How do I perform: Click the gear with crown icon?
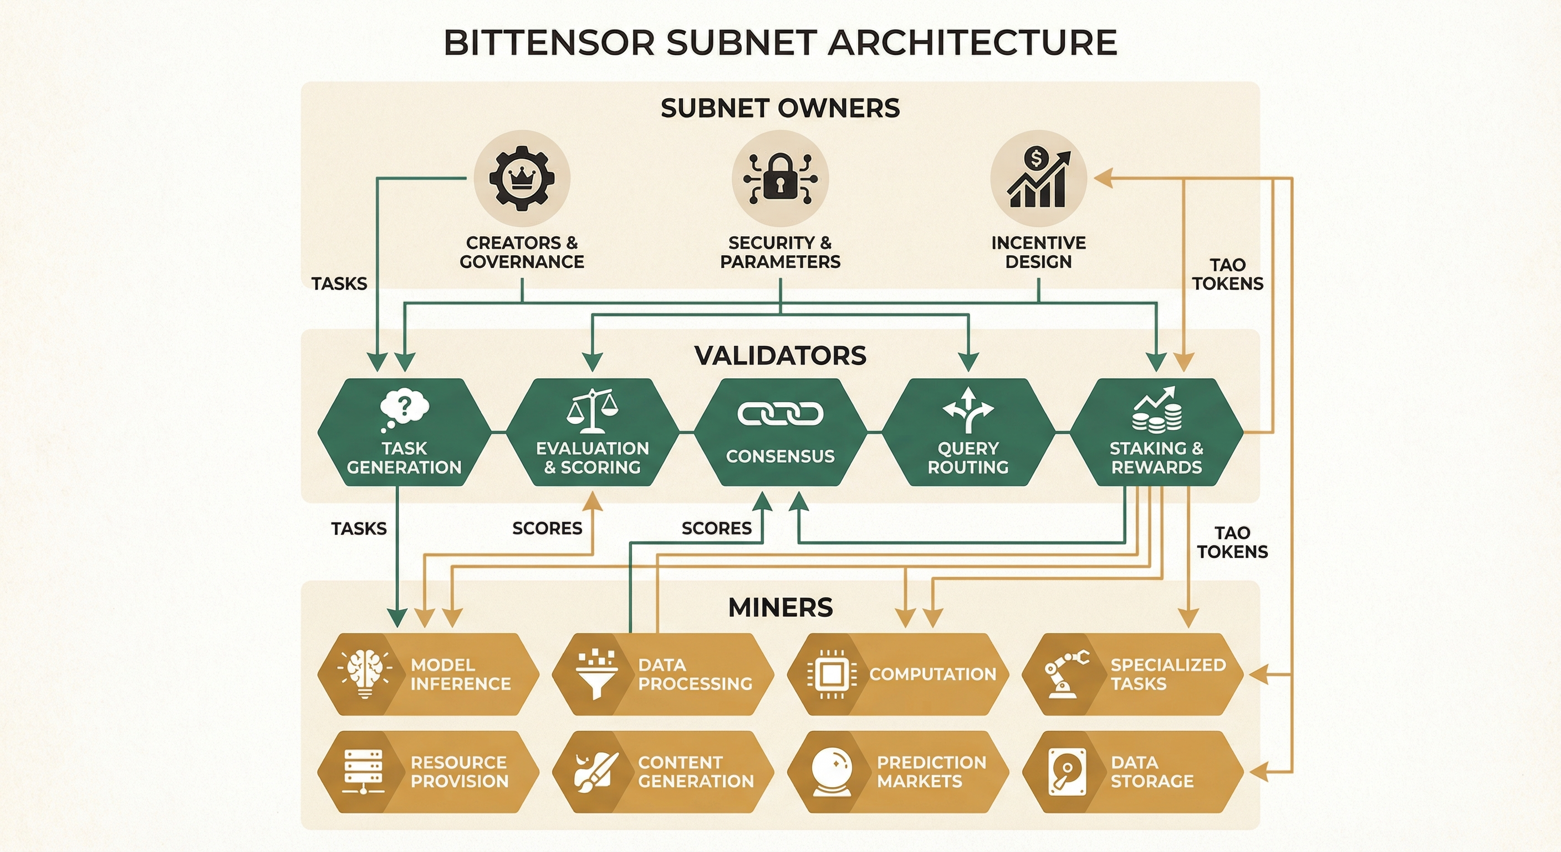point(522,179)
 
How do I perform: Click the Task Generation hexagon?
point(404,432)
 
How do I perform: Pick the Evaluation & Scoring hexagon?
point(592,432)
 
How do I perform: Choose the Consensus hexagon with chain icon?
point(780,432)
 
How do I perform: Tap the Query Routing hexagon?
point(968,432)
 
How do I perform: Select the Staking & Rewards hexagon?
point(1156,432)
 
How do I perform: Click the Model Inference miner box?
point(428,674)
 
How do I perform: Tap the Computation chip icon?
point(831,674)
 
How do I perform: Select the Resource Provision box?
point(428,772)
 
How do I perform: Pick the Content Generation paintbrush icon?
point(596,772)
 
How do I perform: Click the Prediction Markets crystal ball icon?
point(831,772)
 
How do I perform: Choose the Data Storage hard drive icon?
point(1067,772)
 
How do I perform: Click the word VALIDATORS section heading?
point(780,356)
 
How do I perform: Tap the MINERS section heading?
point(780,607)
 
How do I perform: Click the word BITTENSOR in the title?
point(549,43)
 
